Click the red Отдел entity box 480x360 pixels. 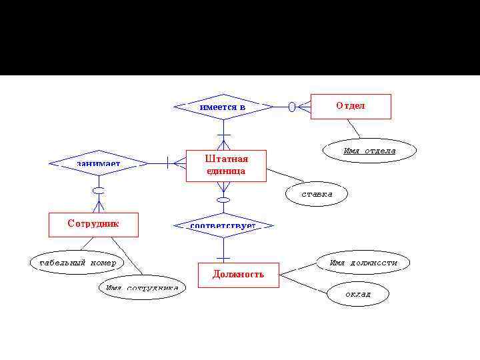click(351, 107)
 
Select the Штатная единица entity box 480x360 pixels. click(225, 165)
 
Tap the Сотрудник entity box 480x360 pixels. click(93, 225)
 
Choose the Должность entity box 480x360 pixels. click(238, 275)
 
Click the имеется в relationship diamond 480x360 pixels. click(223, 107)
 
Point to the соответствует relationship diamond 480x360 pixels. click(223, 226)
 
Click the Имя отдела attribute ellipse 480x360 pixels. click(369, 151)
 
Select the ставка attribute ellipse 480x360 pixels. click(317, 195)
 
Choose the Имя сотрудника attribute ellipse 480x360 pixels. click(141, 288)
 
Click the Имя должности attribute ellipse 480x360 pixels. click(363, 263)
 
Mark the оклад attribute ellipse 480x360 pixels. click(357, 294)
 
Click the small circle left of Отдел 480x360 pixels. click(291, 107)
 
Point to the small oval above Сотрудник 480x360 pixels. click(99, 191)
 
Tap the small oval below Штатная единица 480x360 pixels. click(224, 199)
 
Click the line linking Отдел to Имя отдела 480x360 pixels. click(354, 129)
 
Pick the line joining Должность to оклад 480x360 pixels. click(303, 283)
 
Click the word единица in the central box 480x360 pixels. click(225, 171)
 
